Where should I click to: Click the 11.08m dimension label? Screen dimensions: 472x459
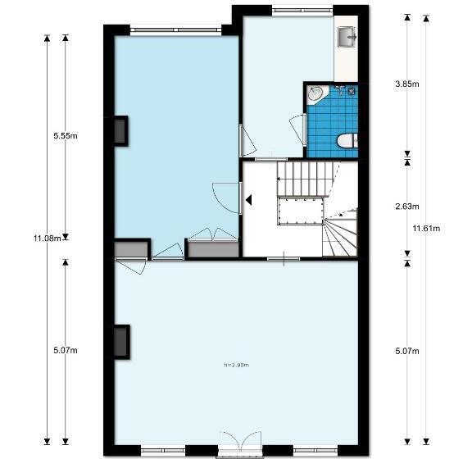[48, 239]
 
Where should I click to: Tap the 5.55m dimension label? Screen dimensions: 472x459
[66, 136]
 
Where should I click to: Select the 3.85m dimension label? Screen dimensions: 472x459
[407, 84]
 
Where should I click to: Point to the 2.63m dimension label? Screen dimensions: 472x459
[407, 207]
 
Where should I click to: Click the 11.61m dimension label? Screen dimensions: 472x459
[426, 229]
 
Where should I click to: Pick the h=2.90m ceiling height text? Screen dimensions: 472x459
[237, 365]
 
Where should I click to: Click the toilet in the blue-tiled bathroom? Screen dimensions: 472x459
[347, 141]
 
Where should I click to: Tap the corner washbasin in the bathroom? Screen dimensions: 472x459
[315, 94]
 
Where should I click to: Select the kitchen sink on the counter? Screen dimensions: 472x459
[347, 37]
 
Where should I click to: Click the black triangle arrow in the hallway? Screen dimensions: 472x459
[248, 200]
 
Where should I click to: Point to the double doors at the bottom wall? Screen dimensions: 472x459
[240, 443]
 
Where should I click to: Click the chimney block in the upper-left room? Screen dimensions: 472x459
[121, 131]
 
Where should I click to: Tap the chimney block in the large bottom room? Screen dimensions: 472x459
[122, 342]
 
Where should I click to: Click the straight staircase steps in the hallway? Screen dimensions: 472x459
[308, 179]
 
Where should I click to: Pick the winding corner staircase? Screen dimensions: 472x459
[340, 232]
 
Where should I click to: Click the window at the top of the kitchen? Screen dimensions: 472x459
[302, 11]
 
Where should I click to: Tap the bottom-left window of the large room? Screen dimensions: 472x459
[163, 451]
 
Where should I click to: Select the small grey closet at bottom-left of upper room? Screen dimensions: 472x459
[131, 249]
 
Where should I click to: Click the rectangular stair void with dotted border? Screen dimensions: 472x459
[301, 211]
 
